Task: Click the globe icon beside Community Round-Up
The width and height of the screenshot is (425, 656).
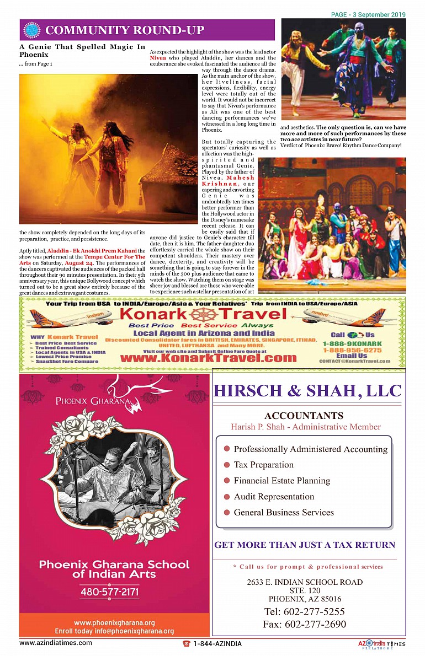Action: point(33,30)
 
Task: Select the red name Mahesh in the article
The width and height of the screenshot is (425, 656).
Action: point(241,178)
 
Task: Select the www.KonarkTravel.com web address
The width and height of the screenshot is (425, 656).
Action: point(208,358)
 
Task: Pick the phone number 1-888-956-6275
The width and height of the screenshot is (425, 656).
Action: point(352,350)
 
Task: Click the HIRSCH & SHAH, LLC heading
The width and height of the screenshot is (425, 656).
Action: point(307,391)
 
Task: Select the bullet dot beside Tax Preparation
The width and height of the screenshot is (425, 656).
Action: point(226,465)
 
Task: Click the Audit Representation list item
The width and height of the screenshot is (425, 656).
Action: point(274,496)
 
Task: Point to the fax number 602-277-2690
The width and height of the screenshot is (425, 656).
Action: point(305,624)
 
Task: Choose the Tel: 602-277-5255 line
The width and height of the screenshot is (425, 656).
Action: point(304,611)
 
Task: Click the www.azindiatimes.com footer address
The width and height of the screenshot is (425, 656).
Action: point(56,643)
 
